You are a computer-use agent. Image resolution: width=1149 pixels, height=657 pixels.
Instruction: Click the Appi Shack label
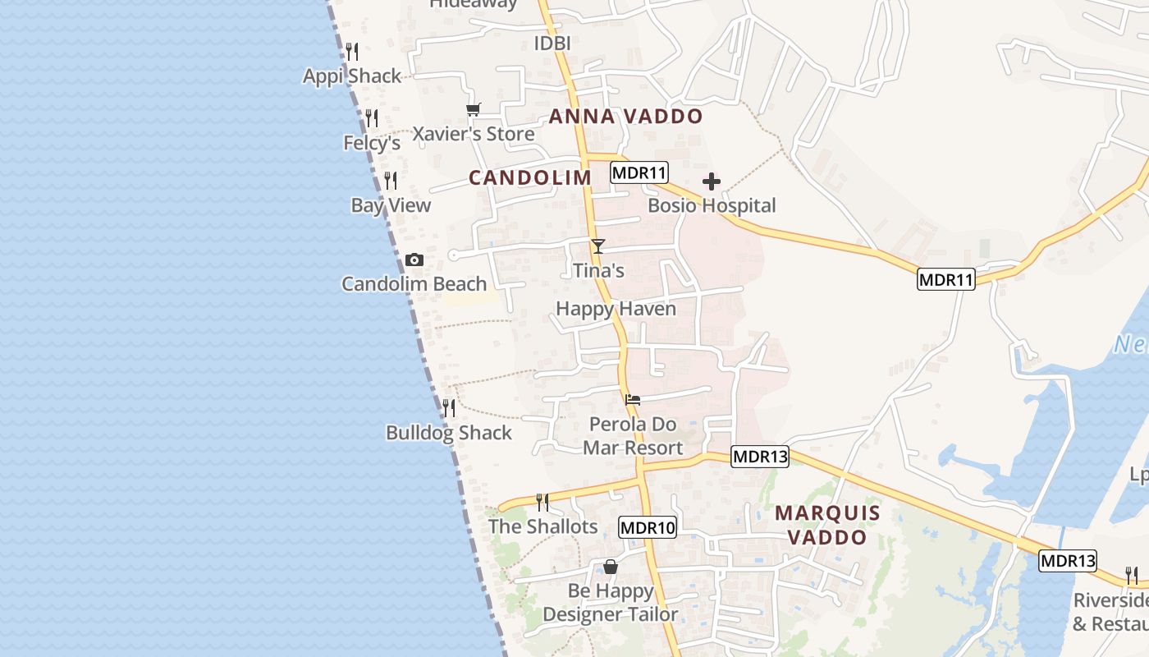(352, 76)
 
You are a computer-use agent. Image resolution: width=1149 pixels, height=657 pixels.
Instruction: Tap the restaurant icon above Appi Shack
(352, 52)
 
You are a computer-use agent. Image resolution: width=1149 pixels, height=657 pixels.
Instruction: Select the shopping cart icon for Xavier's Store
(473, 109)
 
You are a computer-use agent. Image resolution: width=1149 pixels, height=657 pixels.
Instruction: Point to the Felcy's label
(372, 143)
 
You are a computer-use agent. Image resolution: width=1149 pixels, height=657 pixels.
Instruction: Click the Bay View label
(391, 205)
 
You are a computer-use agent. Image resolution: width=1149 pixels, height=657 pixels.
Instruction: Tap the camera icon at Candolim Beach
(414, 260)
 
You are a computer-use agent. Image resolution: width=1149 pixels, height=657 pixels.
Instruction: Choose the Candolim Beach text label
(414, 284)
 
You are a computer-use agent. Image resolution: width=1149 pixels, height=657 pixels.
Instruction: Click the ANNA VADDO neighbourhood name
(625, 117)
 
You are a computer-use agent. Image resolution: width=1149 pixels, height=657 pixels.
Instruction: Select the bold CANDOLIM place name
(530, 178)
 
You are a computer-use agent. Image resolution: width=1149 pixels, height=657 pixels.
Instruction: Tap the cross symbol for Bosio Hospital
(712, 181)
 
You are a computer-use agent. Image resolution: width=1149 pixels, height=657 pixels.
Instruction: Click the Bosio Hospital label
(712, 205)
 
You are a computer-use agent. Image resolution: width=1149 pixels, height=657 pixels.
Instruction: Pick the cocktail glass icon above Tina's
(598, 246)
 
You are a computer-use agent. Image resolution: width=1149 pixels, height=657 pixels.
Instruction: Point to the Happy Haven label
(616, 309)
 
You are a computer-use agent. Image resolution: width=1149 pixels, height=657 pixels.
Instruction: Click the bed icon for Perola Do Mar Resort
(633, 400)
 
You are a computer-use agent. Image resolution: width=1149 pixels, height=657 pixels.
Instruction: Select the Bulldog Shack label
(449, 433)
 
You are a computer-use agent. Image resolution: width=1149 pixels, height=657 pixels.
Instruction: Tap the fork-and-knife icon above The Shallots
(542, 502)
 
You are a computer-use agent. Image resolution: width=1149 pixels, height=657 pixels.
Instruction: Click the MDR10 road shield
(648, 527)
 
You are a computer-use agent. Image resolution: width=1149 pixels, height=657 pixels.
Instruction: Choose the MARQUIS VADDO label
(827, 526)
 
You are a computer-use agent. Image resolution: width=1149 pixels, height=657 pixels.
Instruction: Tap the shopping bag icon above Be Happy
(611, 567)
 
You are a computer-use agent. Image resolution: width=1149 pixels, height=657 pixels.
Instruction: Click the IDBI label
(552, 43)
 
